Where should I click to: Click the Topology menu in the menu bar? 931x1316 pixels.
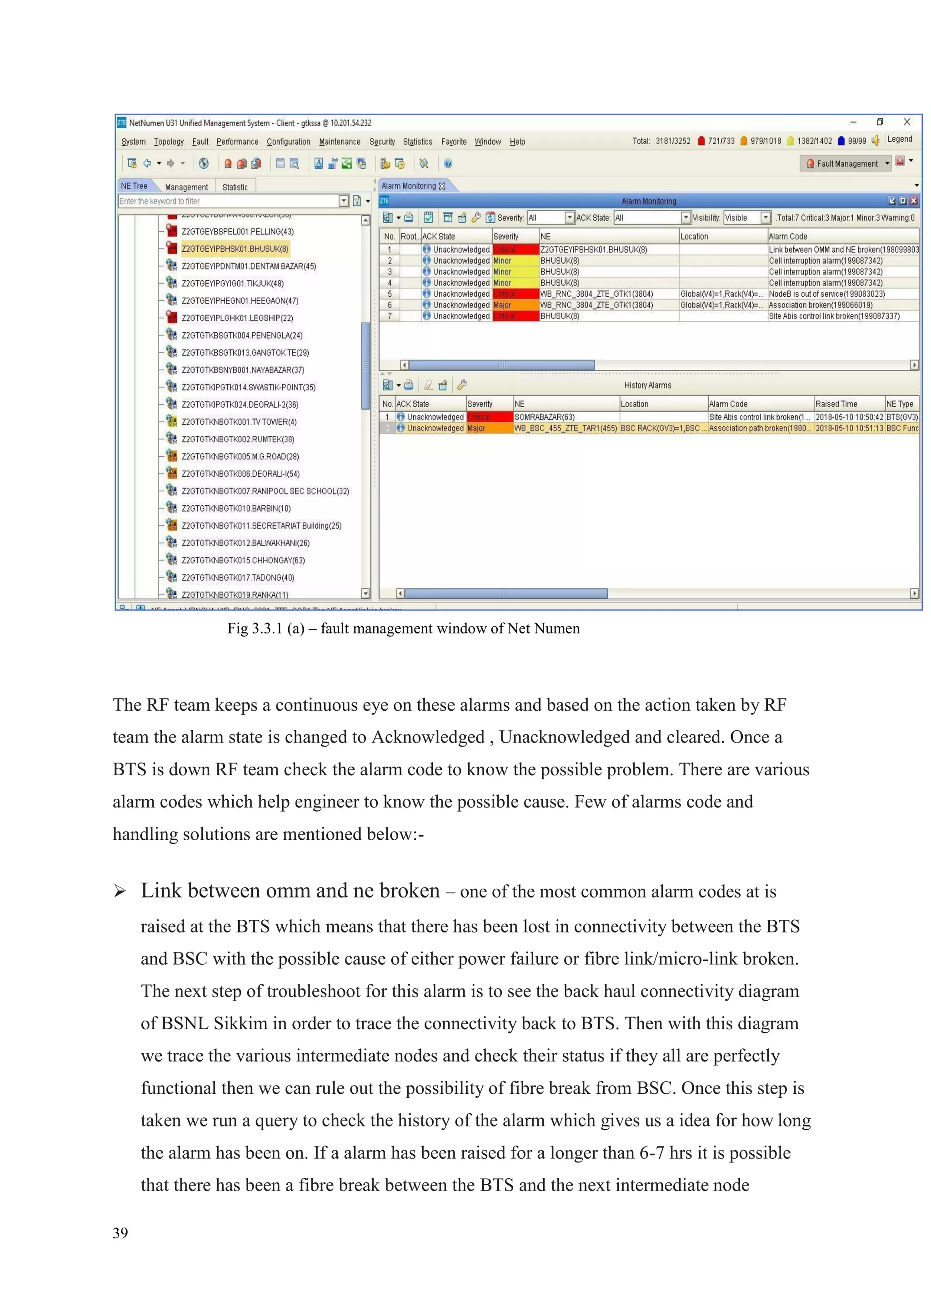coord(169,142)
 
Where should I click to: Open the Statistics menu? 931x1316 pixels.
coord(417,142)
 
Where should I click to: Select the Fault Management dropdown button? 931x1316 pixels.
coord(847,163)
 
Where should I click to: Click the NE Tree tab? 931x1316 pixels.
coord(134,186)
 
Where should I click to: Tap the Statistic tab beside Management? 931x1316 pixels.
coord(235,187)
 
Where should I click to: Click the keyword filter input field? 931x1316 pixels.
coord(228,201)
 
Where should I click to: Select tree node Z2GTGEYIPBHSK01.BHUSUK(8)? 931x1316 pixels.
coord(235,249)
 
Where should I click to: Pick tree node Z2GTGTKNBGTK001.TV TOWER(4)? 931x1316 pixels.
coord(239,422)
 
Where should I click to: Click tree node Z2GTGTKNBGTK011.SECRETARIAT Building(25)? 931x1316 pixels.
coord(261,526)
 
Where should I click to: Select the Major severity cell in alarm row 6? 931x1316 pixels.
coord(515,305)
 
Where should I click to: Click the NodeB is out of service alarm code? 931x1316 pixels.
coord(826,294)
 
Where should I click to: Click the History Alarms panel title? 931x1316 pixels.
coord(648,385)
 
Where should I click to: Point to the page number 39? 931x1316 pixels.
coord(120,1233)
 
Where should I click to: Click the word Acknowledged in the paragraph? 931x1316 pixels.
coord(428,737)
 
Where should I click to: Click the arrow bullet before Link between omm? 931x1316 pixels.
coord(120,891)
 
